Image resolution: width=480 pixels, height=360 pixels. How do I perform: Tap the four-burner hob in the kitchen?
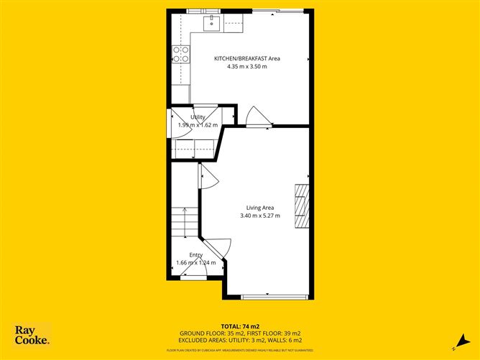pos(181,54)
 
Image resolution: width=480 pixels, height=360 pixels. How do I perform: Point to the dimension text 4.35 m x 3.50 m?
pos(242,66)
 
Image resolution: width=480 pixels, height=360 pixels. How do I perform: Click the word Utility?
pos(198,117)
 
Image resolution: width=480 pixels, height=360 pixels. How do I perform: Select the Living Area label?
pos(259,207)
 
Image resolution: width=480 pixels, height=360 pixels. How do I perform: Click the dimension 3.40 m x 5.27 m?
pos(259,216)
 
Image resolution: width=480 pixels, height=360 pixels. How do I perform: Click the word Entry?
pos(195,255)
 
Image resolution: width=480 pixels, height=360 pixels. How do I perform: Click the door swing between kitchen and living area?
pos(255,117)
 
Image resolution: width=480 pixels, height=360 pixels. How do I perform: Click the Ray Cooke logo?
pos(32,336)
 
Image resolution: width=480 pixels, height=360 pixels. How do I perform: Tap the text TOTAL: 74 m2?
pos(240,326)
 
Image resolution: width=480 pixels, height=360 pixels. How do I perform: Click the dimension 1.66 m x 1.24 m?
pos(195,263)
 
